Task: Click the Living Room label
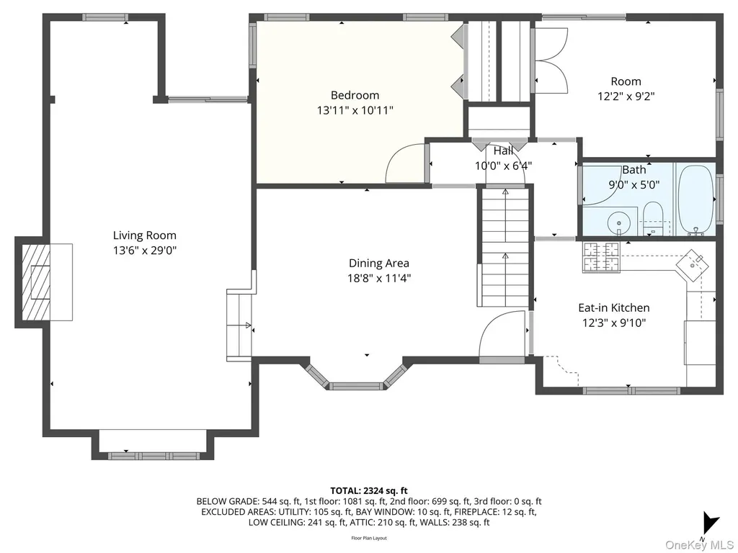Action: (x=144, y=235)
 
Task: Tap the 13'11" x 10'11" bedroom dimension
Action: (x=355, y=110)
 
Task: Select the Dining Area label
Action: (x=379, y=263)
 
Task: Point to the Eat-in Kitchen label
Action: (x=614, y=307)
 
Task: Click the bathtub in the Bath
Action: (x=695, y=199)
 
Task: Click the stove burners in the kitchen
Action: (x=600, y=257)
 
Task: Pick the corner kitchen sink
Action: (x=693, y=265)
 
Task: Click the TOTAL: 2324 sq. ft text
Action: (x=368, y=491)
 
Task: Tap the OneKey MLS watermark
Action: (x=699, y=545)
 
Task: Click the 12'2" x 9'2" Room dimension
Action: (x=626, y=96)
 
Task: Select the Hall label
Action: (x=503, y=151)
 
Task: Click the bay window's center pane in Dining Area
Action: (x=356, y=387)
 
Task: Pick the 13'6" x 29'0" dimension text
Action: (x=144, y=250)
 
